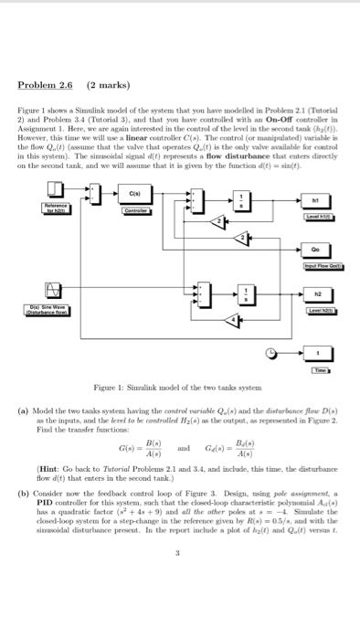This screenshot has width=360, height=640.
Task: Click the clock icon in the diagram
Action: (271, 349)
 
